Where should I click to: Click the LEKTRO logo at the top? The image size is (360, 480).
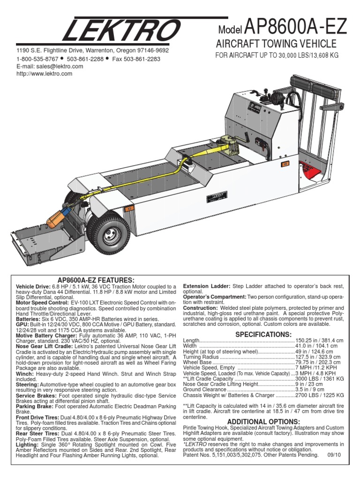coord(120,30)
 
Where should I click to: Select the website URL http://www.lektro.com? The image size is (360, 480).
coord(45,74)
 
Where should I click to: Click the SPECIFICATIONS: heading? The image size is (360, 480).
coord(263,334)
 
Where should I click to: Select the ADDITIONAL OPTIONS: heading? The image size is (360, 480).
coord(263,422)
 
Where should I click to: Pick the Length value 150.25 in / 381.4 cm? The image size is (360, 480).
coord(318,340)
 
